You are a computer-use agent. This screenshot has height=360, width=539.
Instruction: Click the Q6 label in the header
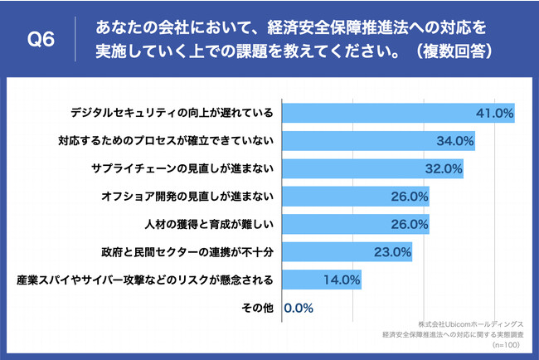point(41,40)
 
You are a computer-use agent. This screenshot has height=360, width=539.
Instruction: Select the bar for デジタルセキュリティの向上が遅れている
point(399,112)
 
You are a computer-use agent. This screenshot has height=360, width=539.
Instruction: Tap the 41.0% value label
point(494,113)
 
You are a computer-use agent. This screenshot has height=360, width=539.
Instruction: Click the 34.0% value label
point(454,140)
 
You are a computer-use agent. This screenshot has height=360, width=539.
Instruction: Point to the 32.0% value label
point(443,168)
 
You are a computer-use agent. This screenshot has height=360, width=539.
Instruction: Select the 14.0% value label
point(342,280)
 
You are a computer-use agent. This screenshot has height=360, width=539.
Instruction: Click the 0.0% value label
point(299,308)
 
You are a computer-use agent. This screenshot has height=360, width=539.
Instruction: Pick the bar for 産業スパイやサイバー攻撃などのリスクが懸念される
point(323,280)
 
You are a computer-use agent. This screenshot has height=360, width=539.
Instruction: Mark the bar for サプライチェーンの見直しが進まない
point(373,168)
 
